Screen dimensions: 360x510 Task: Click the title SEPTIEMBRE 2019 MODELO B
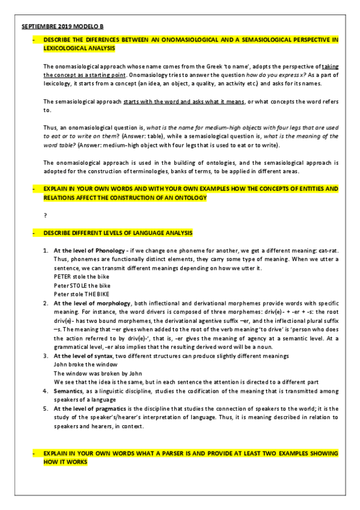(63, 26)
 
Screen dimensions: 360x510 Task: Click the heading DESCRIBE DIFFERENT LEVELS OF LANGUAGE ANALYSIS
(118, 233)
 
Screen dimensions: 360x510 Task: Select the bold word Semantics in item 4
(70, 391)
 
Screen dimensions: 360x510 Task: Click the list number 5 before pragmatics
(46, 408)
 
